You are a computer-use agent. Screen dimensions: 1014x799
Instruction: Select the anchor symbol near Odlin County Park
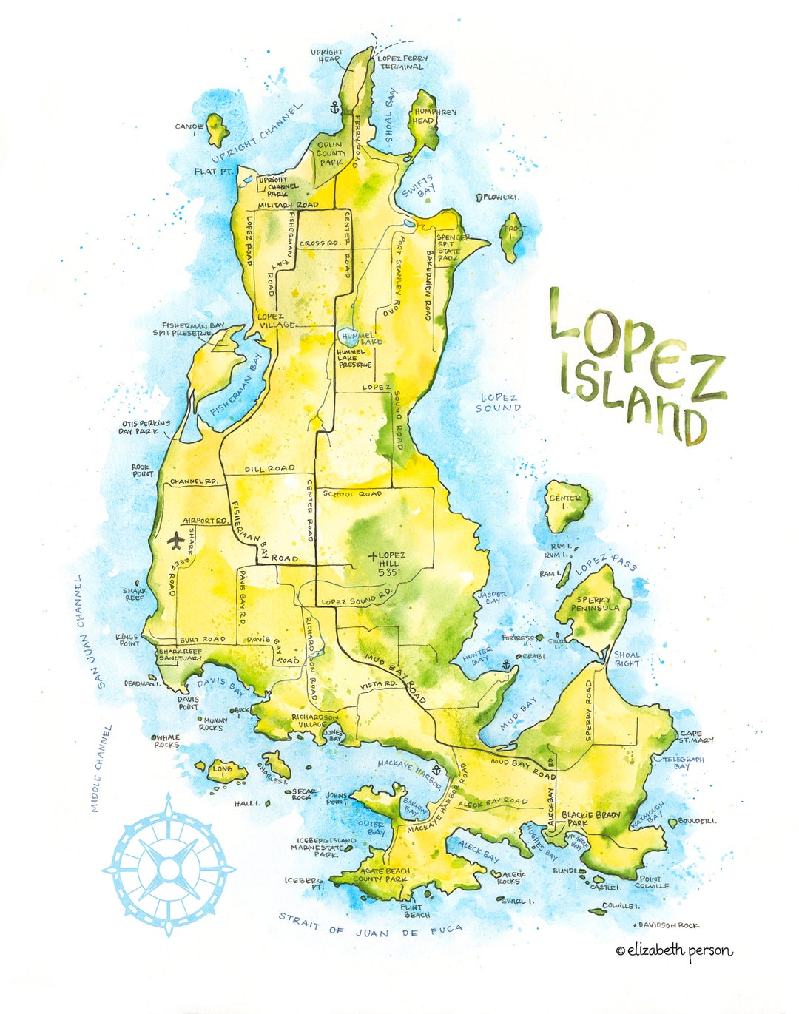[334, 108]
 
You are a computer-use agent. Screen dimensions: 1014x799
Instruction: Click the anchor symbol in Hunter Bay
[506, 664]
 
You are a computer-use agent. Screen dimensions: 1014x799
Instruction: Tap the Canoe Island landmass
[217, 130]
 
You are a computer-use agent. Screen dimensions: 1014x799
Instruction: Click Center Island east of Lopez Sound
[567, 506]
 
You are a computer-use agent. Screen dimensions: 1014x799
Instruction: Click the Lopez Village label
[276, 320]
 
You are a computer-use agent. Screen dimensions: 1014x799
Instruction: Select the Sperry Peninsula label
[595, 604]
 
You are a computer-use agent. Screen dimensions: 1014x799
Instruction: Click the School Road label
[352, 493]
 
